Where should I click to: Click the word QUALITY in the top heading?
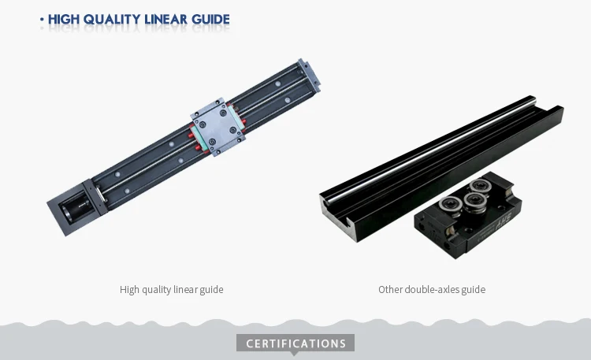pos(108,19)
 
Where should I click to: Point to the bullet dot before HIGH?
pos(42,19)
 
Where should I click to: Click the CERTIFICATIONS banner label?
pos(295,343)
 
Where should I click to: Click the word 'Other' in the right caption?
pos(391,289)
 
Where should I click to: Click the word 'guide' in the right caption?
pos(473,289)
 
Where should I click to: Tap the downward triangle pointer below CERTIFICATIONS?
pos(295,354)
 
